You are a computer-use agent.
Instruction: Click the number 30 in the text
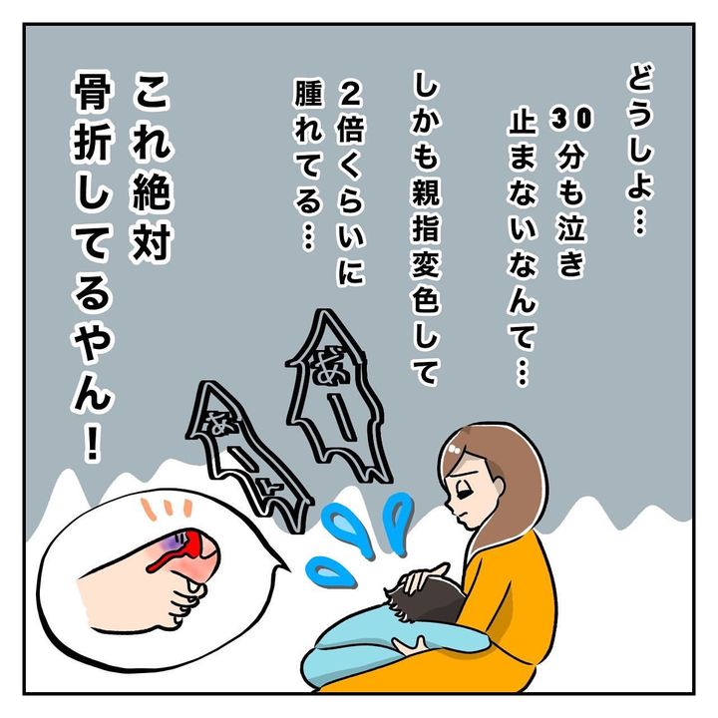[571, 119]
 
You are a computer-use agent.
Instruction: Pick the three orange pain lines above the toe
[168, 509]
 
